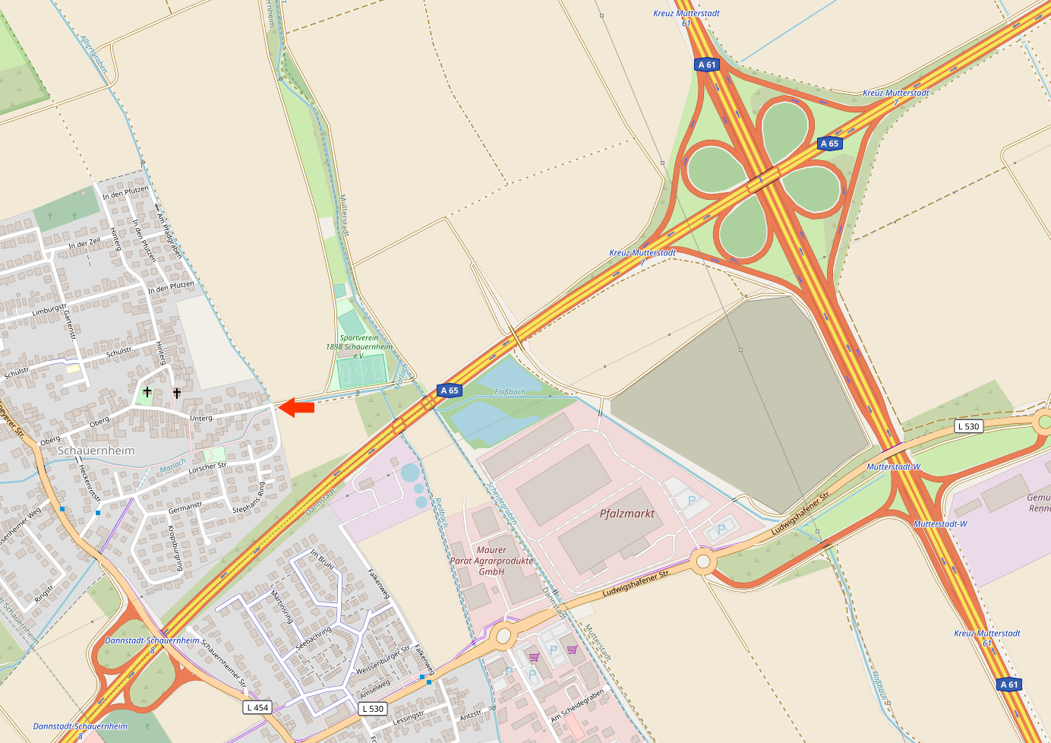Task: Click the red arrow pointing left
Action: tap(296, 408)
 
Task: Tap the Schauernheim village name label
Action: tap(96, 451)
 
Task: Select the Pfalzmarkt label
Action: tap(627, 514)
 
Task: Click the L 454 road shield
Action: tap(257, 707)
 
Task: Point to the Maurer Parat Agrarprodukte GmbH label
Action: tap(491, 561)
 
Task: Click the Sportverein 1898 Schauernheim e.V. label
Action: tap(359, 346)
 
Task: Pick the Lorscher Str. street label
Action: tap(207, 468)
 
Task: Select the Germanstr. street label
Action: tap(186, 507)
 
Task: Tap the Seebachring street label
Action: tap(314, 637)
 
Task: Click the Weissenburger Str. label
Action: tap(383, 660)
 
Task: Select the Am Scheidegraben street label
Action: tap(578, 706)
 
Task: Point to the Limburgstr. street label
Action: tap(50, 310)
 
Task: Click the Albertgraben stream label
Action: tap(93, 54)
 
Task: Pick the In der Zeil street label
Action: tap(84, 244)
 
